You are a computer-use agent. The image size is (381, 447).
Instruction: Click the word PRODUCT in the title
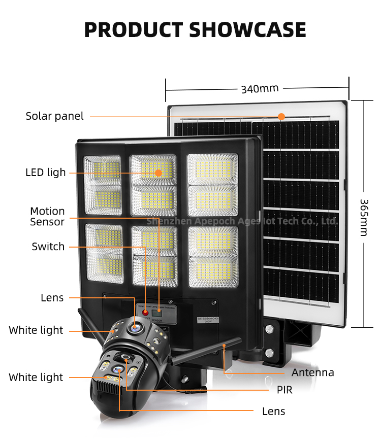pos(134,30)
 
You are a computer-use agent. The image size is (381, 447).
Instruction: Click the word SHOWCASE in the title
pos(248,30)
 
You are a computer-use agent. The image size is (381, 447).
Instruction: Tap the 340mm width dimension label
pos(260,89)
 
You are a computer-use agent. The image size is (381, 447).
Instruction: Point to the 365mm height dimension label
pos(364,217)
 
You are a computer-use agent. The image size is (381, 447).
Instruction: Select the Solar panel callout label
pos(54,116)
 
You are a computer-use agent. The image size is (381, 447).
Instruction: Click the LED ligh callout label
pos(46,173)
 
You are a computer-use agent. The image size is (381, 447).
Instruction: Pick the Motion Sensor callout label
pos(47,217)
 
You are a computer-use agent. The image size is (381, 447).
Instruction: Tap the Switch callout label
pos(48,247)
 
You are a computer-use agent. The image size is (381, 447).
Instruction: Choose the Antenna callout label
pos(312,372)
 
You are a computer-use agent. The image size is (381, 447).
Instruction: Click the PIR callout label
pos(284,390)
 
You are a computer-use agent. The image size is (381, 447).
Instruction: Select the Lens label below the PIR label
pos(273,411)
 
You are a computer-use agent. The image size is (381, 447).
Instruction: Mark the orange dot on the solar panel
pos(281,116)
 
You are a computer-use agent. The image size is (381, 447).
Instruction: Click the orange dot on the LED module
pos(158,173)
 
